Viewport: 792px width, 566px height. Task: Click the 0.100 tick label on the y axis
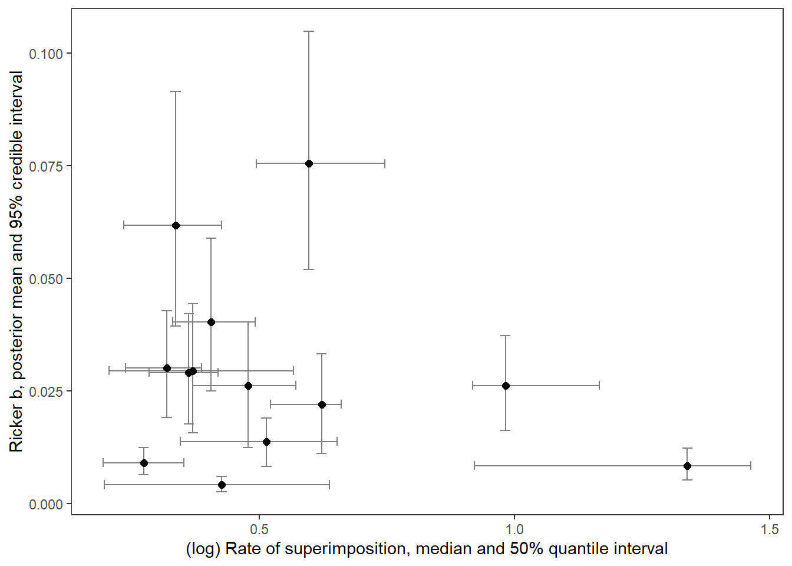[x=46, y=54]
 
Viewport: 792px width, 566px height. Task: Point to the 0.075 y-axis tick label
[x=46, y=166]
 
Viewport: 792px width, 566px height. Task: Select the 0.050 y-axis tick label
[x=46, y=279]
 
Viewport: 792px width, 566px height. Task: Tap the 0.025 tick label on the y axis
[x=46, y=391]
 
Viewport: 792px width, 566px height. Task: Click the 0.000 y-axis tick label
[x=46, y=504]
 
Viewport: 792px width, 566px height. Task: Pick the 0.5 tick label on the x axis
[x=259, y=529]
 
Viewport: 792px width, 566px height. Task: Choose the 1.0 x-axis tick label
[x=514, y=529]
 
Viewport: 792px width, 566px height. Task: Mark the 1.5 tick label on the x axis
[x=770, y=529]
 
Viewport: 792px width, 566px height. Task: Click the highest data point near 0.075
[x=309, y=163]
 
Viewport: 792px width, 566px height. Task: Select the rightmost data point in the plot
[x=687, y=466]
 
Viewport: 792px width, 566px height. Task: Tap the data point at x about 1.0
[x=506, y=386]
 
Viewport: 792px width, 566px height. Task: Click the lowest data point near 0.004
[x=222, y=485]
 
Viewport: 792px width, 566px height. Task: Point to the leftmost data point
[x=144, y=463]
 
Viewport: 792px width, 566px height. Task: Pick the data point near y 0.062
[x=176, y=225]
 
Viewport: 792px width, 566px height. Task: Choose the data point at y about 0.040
[x=211, y=322]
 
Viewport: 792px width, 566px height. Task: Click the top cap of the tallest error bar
[x=309, y=31]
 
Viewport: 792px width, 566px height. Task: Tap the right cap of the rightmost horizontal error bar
[x=751, y=466]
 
